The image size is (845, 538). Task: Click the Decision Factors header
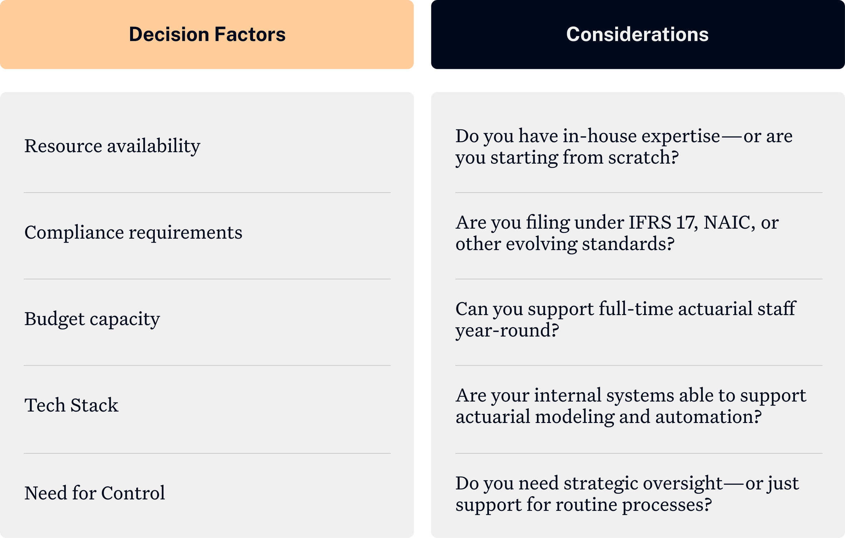tap(207, 34)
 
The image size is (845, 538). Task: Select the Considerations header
tap(637, 34)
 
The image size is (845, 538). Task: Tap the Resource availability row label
tap(112, 146)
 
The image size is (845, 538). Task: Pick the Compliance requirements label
tap(133, 233)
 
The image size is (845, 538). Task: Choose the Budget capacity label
tap(92, 319)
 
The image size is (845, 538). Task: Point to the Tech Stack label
tap(71, 405)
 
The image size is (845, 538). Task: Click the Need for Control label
tap(95, 493)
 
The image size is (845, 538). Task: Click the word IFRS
tap(650, 223)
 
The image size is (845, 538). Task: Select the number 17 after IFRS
tap(686, 223)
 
